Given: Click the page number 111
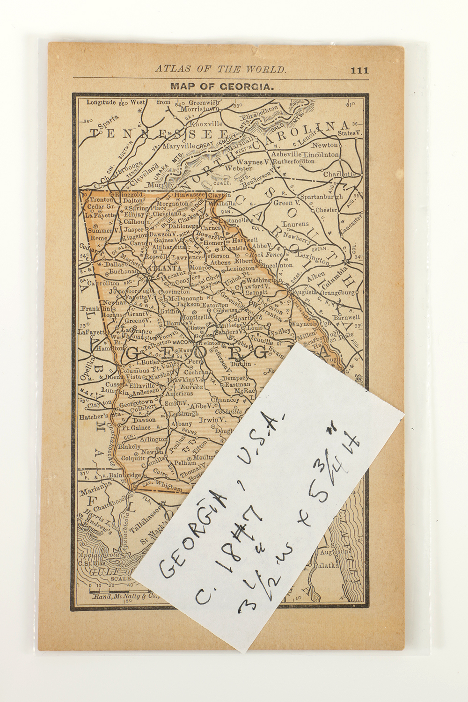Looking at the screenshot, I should pos(358,71).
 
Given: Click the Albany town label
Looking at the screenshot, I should pos(180,422).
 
